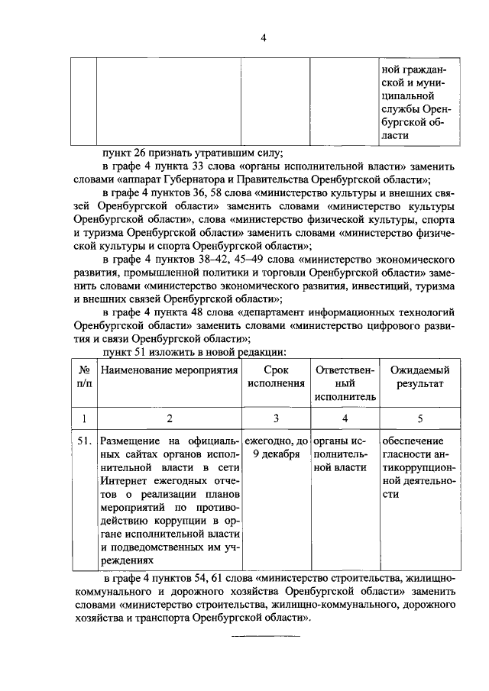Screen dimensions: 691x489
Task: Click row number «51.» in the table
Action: tap(84, 442)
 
